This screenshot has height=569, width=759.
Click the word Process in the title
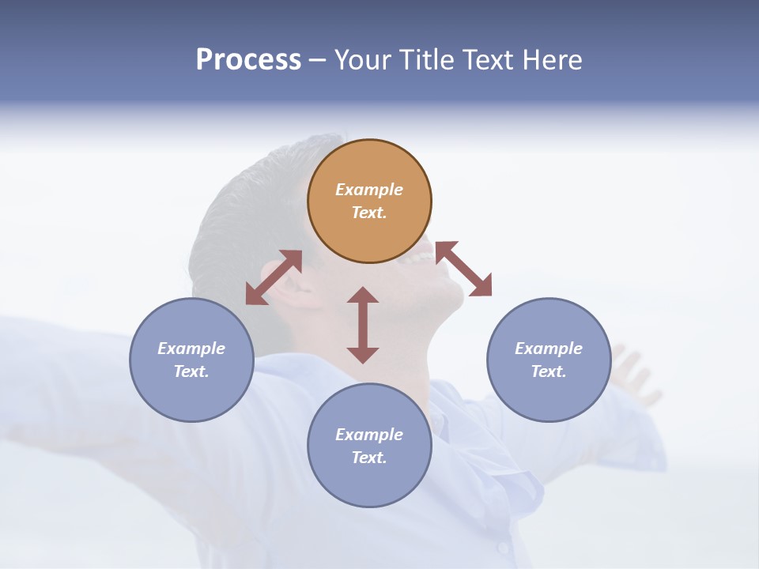pyautogui.click(x=248, y=60)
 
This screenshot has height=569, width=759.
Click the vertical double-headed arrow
pyautogui.click(x=363, y=325)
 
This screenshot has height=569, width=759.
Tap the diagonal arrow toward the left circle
pyautogui.click(x=274, y=277)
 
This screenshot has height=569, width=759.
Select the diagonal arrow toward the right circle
pyautogui.click(x=463, y=269)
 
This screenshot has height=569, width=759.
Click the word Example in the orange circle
pyautogui.click(x=369, y=190)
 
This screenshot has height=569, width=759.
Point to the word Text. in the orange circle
pyautogui.click(x=369, y=213)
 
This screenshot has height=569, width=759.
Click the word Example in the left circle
pyautogui.click(x=191, y=349)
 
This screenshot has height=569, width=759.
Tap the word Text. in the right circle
pyautogui.click(x=549, y=371)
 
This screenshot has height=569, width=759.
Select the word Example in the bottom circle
pyautogui.click(x=369, y=435)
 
